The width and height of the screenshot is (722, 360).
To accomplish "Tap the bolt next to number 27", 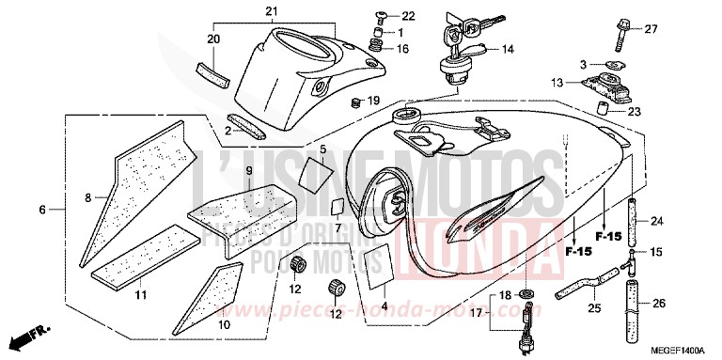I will pos(621,33).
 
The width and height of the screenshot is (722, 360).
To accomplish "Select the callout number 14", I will pos(508,49).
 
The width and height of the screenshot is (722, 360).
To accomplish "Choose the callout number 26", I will pos(657,303).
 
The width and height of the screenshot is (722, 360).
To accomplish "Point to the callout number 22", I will pos(407,16).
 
